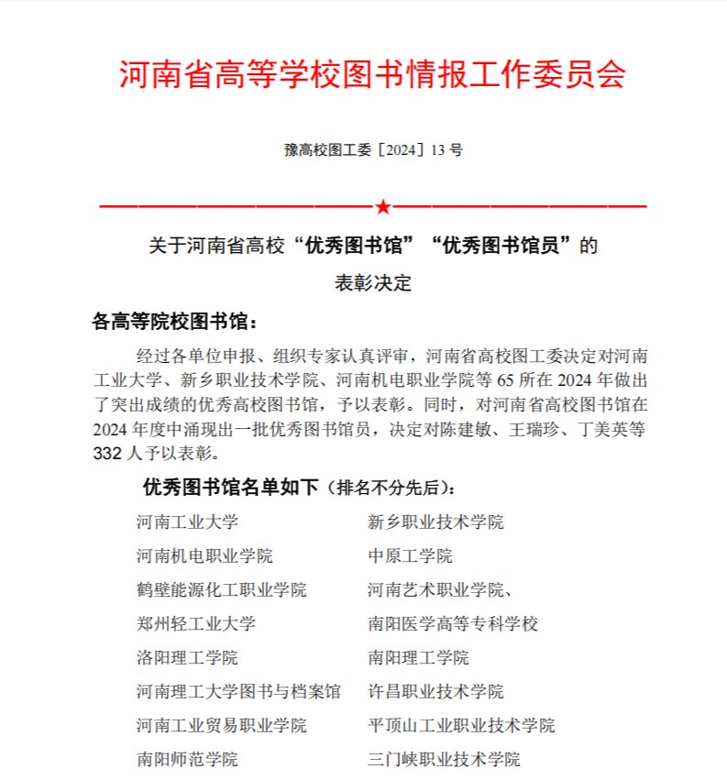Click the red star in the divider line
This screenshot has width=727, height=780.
click(382, 207)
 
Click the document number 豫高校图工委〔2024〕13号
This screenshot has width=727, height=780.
click(373, 149)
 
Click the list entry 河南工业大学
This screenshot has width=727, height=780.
click(187, 522)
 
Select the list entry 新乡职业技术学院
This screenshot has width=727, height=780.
click(435, 522)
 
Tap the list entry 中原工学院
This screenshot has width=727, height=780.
click(410, 556)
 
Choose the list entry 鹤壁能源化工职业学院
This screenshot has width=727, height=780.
click(221, 590)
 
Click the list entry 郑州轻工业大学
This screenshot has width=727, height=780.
click(195, 624)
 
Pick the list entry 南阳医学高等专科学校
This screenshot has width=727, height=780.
click(453, 624)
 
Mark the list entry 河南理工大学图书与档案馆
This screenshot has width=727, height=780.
click(238, 692)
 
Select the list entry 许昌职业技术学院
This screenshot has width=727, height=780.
click(435, 692)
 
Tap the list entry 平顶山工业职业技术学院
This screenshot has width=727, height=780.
click(461, 726)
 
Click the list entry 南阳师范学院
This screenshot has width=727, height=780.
click(187, 760)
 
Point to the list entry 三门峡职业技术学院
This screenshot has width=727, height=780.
click(444, 760)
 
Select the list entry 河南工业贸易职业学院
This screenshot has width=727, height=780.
click(221, 726)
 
